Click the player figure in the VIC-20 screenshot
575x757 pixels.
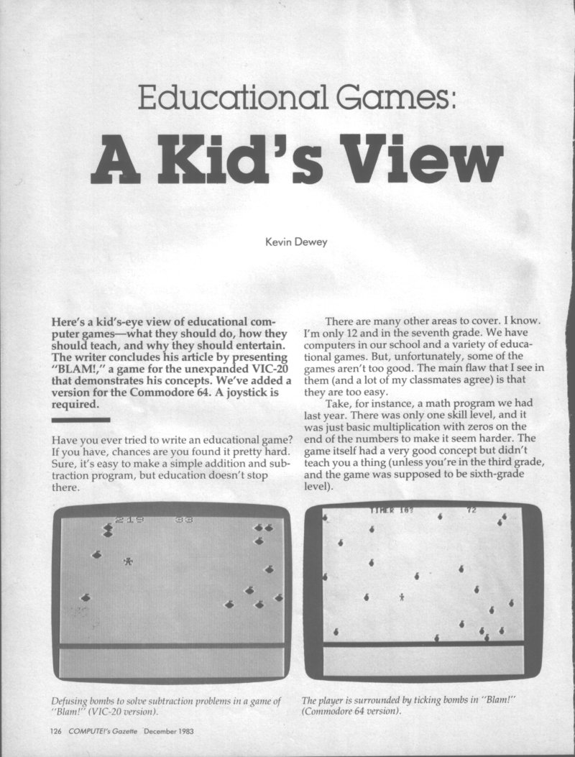[x=129, y=561]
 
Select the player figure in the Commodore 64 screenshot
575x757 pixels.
[x=401, y=596]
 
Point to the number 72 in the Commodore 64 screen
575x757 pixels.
[x=471, y=510]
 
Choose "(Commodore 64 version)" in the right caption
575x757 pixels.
[x=351, y=712]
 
